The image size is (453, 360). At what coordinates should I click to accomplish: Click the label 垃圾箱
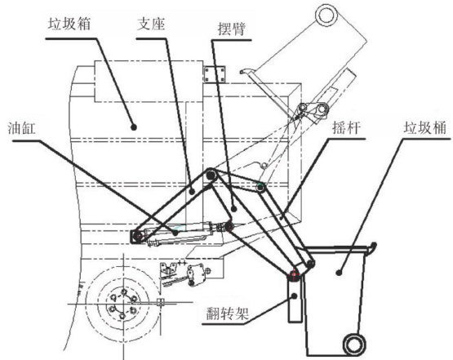click(x=69, y=24)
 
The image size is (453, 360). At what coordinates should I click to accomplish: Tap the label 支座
click(x=151, y=24)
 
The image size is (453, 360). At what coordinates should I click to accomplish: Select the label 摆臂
click(x=232, y=29)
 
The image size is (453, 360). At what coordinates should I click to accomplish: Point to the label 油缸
click(x=22, y=128)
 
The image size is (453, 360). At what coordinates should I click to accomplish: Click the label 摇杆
click(x=347, y=127)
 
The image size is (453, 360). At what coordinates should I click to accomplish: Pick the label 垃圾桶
click(x=425, y=127)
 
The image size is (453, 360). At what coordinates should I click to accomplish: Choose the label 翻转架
click(x=228, y=313)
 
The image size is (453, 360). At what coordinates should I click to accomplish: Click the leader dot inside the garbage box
click(x=134, y=127)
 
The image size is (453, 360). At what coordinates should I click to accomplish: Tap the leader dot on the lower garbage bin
click(x=340, y=272)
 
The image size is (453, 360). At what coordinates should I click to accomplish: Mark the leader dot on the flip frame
click(x=295, y=296)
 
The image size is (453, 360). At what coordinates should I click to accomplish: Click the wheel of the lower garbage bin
click(x=353, y=344)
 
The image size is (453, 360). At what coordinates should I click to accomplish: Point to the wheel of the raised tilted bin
click(x=326, y=16)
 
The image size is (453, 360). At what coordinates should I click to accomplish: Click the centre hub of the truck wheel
click(x=122, y=304)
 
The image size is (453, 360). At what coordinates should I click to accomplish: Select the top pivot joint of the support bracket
click(x=211, y=175)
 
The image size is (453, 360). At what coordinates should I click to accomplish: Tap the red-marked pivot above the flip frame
click(x=294, y=273)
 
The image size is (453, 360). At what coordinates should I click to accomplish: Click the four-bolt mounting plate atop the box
click(x=215, y=74)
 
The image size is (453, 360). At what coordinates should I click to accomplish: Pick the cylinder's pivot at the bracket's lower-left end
click(x=138, y=237)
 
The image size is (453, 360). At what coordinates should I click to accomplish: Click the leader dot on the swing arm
click(x=234, y=209)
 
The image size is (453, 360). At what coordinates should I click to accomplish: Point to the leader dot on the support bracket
click(x=193, y=191)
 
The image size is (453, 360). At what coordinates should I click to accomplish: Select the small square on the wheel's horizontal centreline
click(x=160, y=302)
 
